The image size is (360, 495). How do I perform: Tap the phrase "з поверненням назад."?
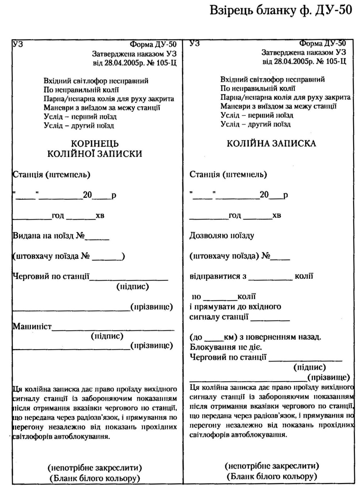[278, 337]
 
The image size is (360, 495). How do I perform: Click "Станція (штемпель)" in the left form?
[51, 175]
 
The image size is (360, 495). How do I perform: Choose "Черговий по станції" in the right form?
[228, 356]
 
